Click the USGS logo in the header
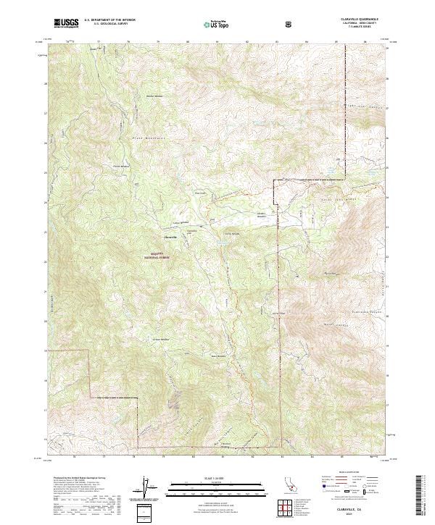point(66,23)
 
